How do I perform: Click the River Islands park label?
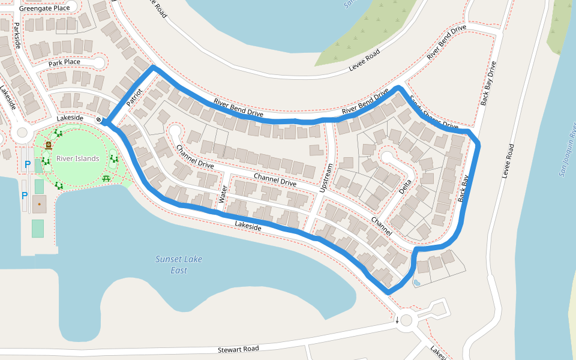(78, 158)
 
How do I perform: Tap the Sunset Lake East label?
(179, 265)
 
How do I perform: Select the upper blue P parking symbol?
(27, 164)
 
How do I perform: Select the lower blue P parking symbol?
(25, 195)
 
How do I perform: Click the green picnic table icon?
(106, 178)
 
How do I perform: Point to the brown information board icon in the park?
(49, 145)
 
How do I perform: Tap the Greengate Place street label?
(44, 8)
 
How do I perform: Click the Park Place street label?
(64, 62)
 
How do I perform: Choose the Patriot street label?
(134, 98)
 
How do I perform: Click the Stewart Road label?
(238, 349)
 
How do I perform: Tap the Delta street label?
(406, 187)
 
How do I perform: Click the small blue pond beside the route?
(417, 281)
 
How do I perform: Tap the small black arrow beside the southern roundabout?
(397, 320)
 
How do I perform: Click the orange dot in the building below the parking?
(39, 205)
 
